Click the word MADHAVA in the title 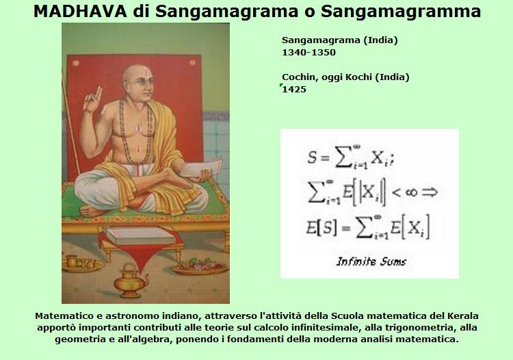pos(80,12)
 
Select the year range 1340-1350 pos(309,53)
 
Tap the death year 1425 pos(294,90)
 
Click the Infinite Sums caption pos(371,261)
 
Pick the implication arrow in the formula pos(430,192)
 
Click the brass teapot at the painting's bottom pos(130,281)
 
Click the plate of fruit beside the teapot pos(200,266)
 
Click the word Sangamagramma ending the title pos(401,12)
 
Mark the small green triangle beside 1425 pos(281,86)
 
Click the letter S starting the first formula pos(312,157)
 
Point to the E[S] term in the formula pos(321,227)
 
